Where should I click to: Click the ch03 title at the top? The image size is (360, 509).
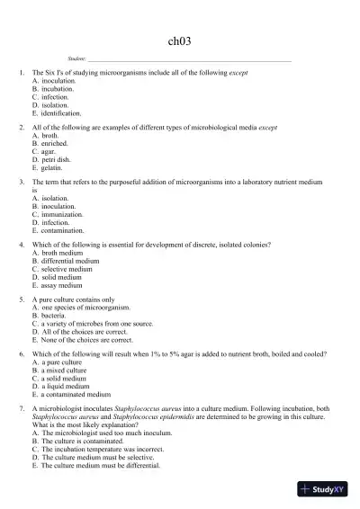(x=180, y=40)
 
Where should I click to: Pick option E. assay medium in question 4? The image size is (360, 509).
(x=60, y=285)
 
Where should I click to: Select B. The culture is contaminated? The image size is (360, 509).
(x=85, y=442)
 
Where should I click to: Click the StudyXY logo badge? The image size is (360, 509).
(x=324, y=490)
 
